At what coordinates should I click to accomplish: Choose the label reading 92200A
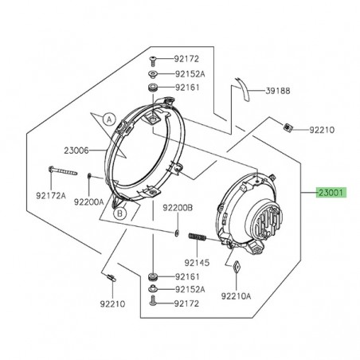coord(88,202)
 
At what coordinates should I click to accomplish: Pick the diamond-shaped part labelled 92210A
coord(237,268)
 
